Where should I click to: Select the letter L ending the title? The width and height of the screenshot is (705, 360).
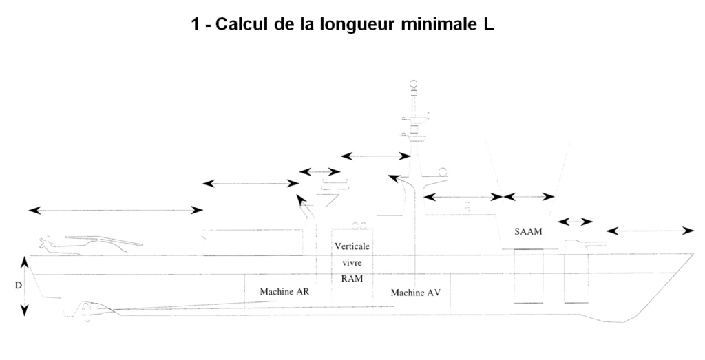489,24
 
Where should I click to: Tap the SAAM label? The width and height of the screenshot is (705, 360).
528,232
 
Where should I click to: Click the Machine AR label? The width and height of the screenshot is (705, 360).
284,292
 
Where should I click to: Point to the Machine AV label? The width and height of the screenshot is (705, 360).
415,293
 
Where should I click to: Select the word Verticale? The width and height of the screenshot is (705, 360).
352,246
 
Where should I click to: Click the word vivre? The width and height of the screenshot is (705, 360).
352,262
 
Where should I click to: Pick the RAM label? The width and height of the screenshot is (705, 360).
352,279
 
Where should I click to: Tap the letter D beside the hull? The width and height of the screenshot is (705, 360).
19,286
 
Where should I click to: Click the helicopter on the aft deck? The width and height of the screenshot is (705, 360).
90,244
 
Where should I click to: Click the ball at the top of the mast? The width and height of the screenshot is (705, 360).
413,83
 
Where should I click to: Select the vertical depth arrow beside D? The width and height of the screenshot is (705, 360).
25,286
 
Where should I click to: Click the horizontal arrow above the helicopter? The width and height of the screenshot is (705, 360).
116,210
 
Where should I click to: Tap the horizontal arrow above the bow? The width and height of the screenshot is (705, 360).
650,231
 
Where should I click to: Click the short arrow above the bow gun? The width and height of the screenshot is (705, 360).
575,222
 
